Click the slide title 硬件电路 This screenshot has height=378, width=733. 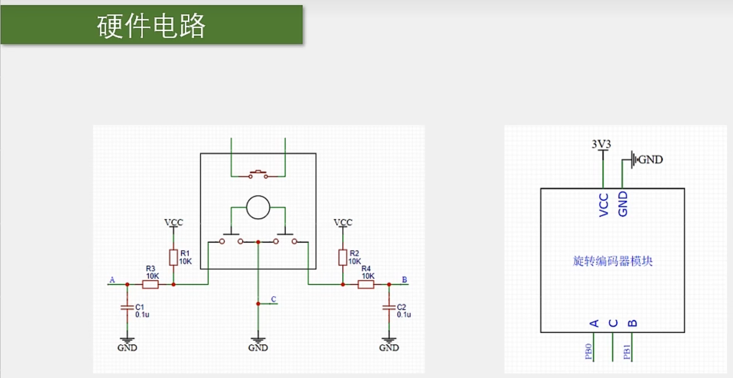tap(151, 25)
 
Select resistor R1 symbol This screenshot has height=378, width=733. tap(173, 258)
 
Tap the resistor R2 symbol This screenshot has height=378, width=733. tap(343, 258)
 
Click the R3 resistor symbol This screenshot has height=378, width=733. tap(150, 284)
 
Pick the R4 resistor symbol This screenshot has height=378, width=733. tap(366, 284)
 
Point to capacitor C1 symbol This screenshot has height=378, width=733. tap(127, 307)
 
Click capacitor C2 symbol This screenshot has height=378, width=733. tap(389, 307)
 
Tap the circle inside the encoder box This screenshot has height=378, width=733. tap(258, 208)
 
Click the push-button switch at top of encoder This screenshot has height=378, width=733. tap(258, 175)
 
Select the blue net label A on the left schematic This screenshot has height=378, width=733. tap(112, 280)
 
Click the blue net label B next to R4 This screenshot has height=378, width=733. tap(404, 280)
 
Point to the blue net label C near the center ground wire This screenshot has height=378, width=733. tap(273, 299)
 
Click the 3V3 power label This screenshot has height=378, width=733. tap(601, 144)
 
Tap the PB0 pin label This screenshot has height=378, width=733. tap(588, 351)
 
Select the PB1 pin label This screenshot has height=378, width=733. tap(627, 352)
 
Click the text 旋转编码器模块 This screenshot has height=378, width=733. tap(613, 261)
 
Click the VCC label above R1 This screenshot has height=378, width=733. tap(173, 222)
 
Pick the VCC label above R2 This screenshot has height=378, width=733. tap(343, 222)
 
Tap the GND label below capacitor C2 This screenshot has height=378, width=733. tap(389, 348)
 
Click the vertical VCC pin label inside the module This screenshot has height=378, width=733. tap(604, 205)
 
